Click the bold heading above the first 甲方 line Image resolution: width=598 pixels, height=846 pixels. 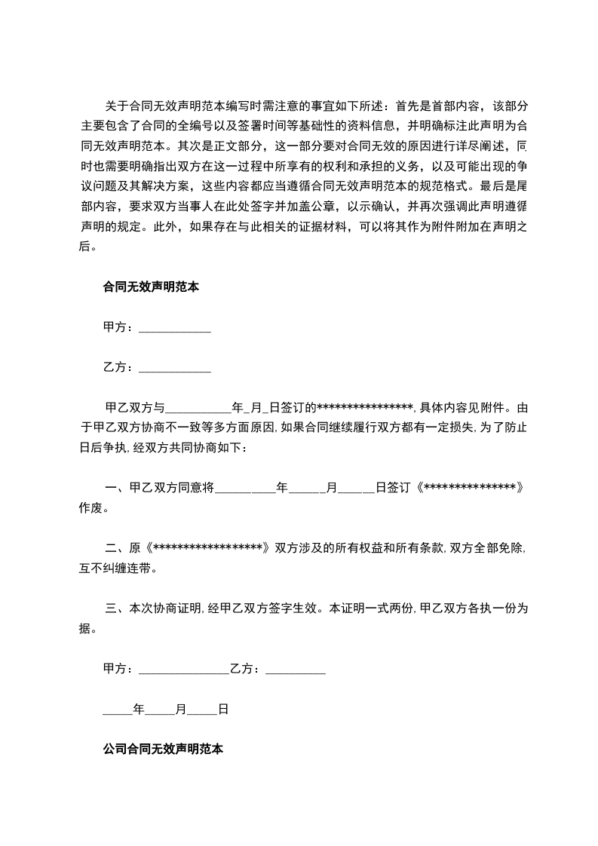coord(150,287)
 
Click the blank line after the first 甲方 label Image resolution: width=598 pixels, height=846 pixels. coord(175,328)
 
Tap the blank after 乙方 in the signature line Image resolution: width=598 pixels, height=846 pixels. coord(296,669)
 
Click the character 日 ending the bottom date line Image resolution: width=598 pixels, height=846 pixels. coord(223,710)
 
